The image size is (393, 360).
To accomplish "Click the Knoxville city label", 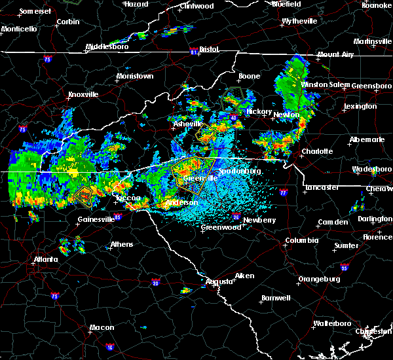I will click(x=83, y=94).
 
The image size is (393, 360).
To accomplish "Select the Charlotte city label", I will click(x=317, y=151).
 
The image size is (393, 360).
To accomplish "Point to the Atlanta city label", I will click(x=45, y=259).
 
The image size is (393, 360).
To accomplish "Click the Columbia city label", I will click(x=301, y=240).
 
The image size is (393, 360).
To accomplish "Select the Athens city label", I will click(x=121, y=244).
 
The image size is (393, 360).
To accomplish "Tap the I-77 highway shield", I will click(x=283, y=193).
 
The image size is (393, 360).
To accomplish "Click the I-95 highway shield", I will click(x=346, y=268).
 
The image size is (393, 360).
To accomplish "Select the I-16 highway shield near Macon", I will click(x=109, y=347).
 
